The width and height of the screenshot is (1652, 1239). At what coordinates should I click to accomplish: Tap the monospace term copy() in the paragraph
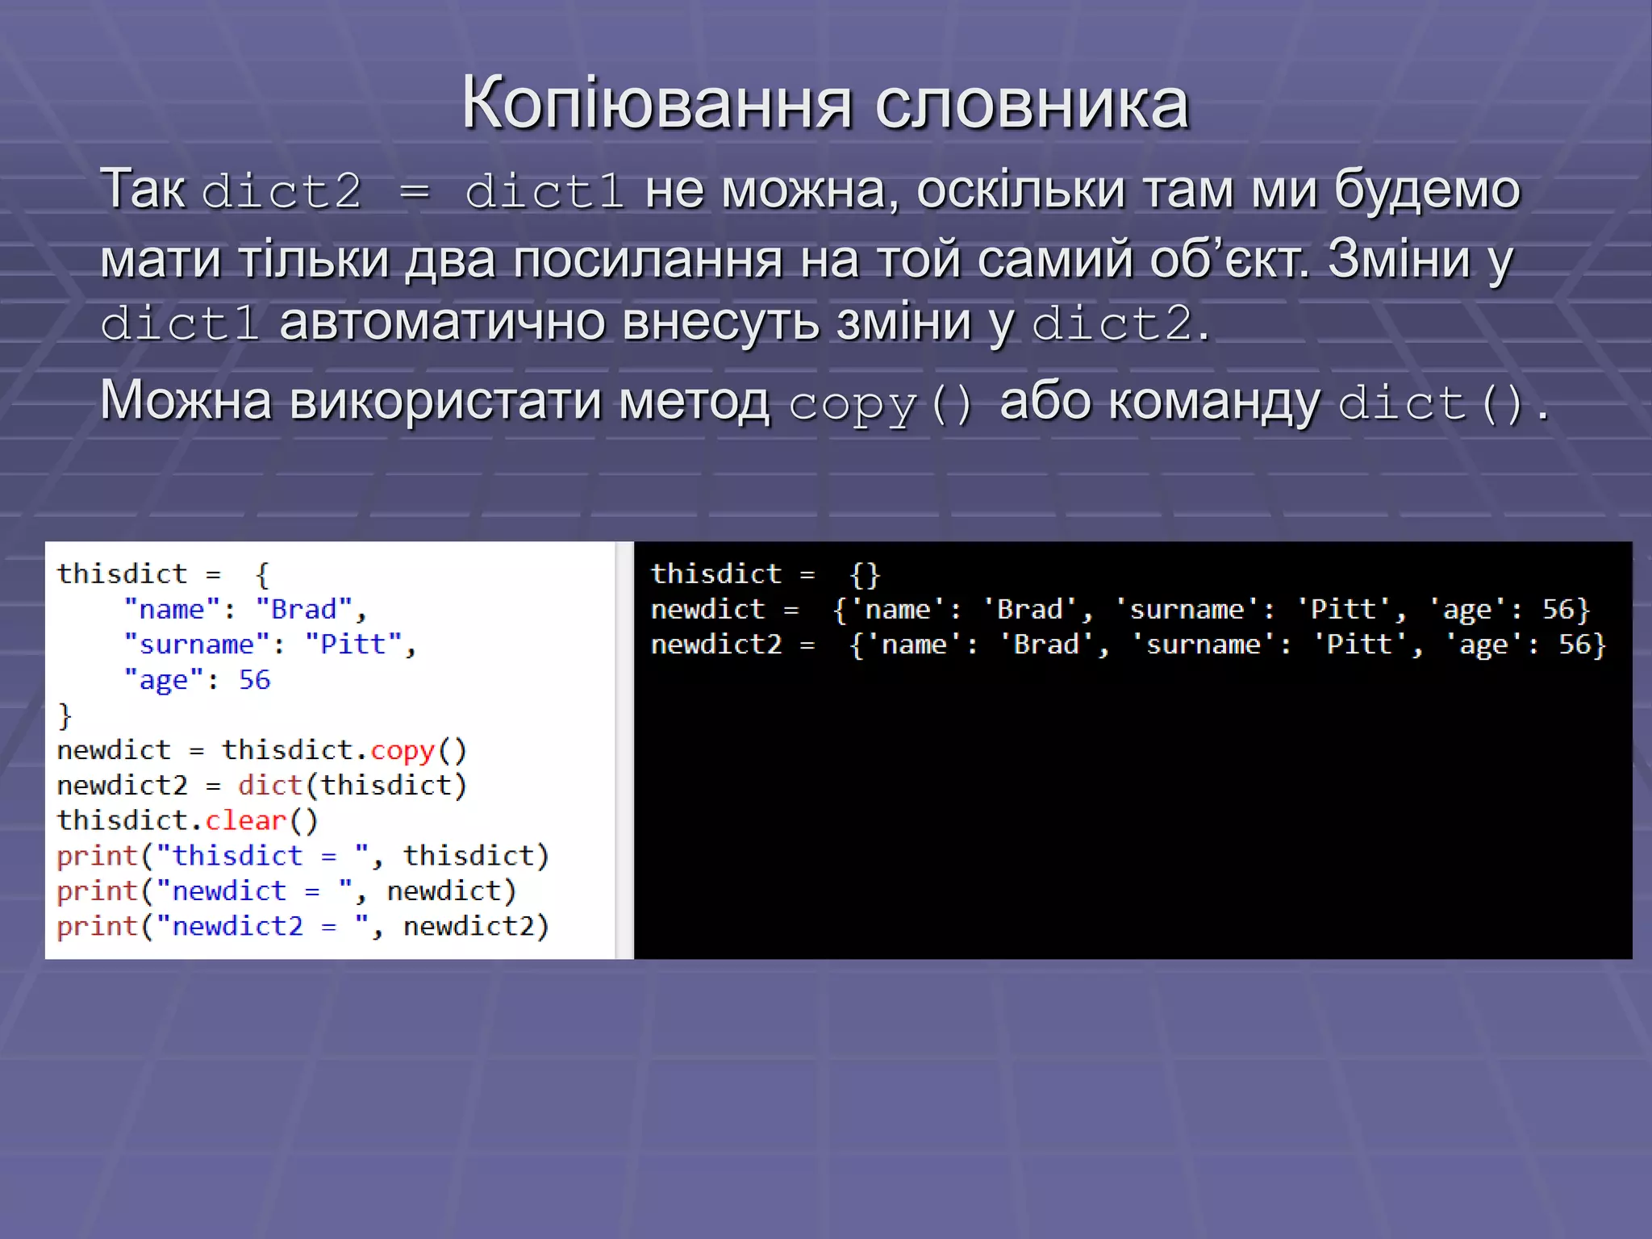(880, 403)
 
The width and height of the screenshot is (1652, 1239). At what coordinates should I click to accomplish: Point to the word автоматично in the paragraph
(441, 322)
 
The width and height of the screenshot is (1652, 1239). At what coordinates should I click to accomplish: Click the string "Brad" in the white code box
(303, 609)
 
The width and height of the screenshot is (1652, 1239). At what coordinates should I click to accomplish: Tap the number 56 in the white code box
(254, 680)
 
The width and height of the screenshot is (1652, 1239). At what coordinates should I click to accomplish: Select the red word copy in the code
(403, 750)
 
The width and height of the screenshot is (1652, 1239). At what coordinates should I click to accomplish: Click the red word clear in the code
(246, 820)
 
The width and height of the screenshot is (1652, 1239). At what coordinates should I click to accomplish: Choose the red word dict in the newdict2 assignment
(269, 785)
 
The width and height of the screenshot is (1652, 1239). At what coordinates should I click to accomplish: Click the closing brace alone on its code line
(65, 715)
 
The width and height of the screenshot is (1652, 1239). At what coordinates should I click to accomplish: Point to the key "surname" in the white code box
(196, 645)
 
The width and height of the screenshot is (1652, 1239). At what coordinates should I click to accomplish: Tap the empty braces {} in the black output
(865, 574)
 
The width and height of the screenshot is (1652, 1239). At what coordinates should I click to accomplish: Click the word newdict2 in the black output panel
(716, 645)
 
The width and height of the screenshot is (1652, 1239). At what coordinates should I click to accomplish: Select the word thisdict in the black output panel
(716, 574)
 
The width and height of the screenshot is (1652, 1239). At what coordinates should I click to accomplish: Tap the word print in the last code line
(97, 926)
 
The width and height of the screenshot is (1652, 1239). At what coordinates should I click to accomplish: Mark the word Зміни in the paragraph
(1399, 259)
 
